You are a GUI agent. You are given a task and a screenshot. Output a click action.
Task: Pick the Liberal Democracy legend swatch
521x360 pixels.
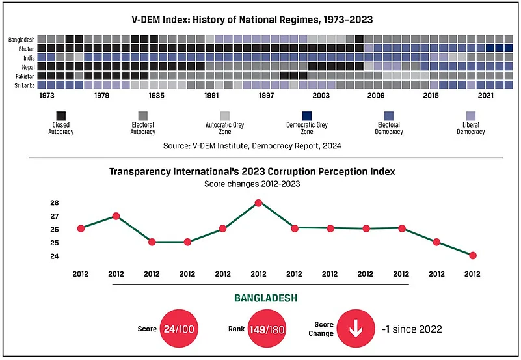click(470, 115)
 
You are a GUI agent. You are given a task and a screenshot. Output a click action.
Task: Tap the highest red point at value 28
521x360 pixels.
click(259, 202)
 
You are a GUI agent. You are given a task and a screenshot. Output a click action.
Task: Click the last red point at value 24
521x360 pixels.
click(473, 255)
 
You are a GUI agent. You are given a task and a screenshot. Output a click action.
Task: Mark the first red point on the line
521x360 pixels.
click(81, 228)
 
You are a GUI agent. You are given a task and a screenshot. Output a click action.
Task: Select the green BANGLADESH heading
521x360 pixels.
click(265, 299)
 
